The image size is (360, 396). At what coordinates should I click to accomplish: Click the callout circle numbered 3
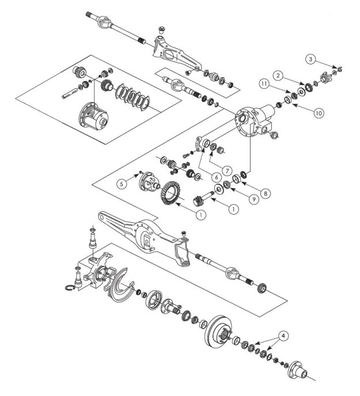310,59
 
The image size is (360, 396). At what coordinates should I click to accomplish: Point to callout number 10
318,113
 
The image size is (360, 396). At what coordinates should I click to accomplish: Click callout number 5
121,184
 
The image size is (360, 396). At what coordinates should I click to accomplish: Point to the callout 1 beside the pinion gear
233,210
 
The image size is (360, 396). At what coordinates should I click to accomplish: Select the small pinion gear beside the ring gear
199,201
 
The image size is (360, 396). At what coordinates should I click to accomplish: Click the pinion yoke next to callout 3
332,75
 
